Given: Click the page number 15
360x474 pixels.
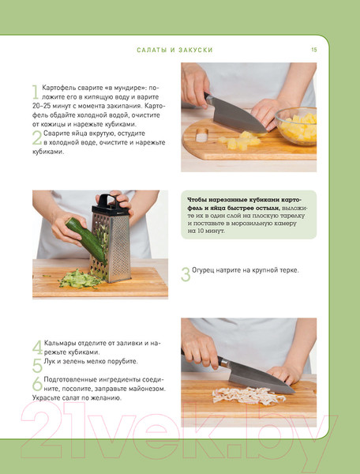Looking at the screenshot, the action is pos(314,50).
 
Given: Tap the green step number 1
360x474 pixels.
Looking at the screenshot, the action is pos(36,92).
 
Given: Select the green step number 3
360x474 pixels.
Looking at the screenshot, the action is pos(186,274).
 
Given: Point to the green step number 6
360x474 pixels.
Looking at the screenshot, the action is pos(37,384).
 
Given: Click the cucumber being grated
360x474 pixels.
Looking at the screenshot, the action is pos(86,239).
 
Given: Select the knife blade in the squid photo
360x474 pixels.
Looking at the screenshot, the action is pos(260,378).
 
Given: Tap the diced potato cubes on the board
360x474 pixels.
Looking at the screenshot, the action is pos(241,141).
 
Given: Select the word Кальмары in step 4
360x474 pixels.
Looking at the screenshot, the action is pos(60,343).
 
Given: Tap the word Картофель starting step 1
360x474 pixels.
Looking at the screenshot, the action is pos(58,88).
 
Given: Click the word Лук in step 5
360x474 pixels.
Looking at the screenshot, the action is pos(50,361).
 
